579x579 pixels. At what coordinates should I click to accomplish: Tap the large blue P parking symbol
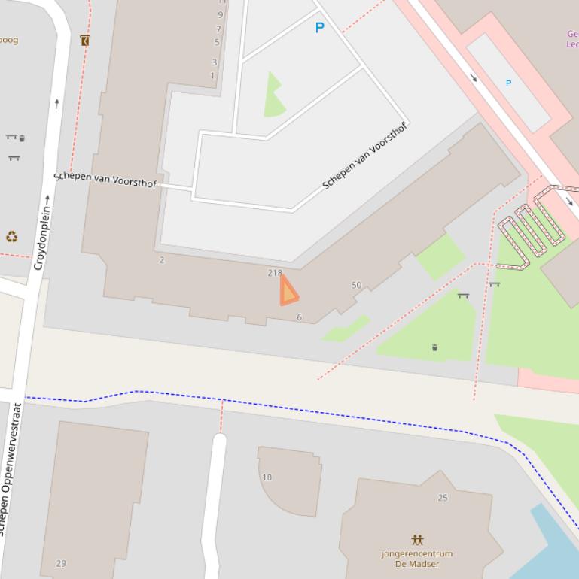pos(319,28)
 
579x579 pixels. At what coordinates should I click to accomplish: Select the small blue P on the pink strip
pos(508,83)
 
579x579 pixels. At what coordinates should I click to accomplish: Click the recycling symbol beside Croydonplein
pos(11,237)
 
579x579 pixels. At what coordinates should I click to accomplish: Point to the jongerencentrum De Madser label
pos(417,559)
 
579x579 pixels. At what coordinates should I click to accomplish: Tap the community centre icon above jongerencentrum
pos(417,540)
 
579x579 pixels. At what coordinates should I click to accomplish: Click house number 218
pos(275,273)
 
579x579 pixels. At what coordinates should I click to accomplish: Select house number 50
pos(356,285)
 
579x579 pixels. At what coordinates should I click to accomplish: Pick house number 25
pos(443,498)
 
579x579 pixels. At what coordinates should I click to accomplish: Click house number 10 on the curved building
pos(267,477)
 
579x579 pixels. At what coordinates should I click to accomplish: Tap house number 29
pos(61,563)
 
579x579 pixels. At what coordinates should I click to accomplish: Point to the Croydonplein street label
pos(42,232)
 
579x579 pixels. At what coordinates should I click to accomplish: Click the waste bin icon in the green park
pos(434,347)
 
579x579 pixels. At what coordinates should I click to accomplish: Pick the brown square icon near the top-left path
pos(84,41)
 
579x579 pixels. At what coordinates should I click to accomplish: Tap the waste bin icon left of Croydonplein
pos(22,138)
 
